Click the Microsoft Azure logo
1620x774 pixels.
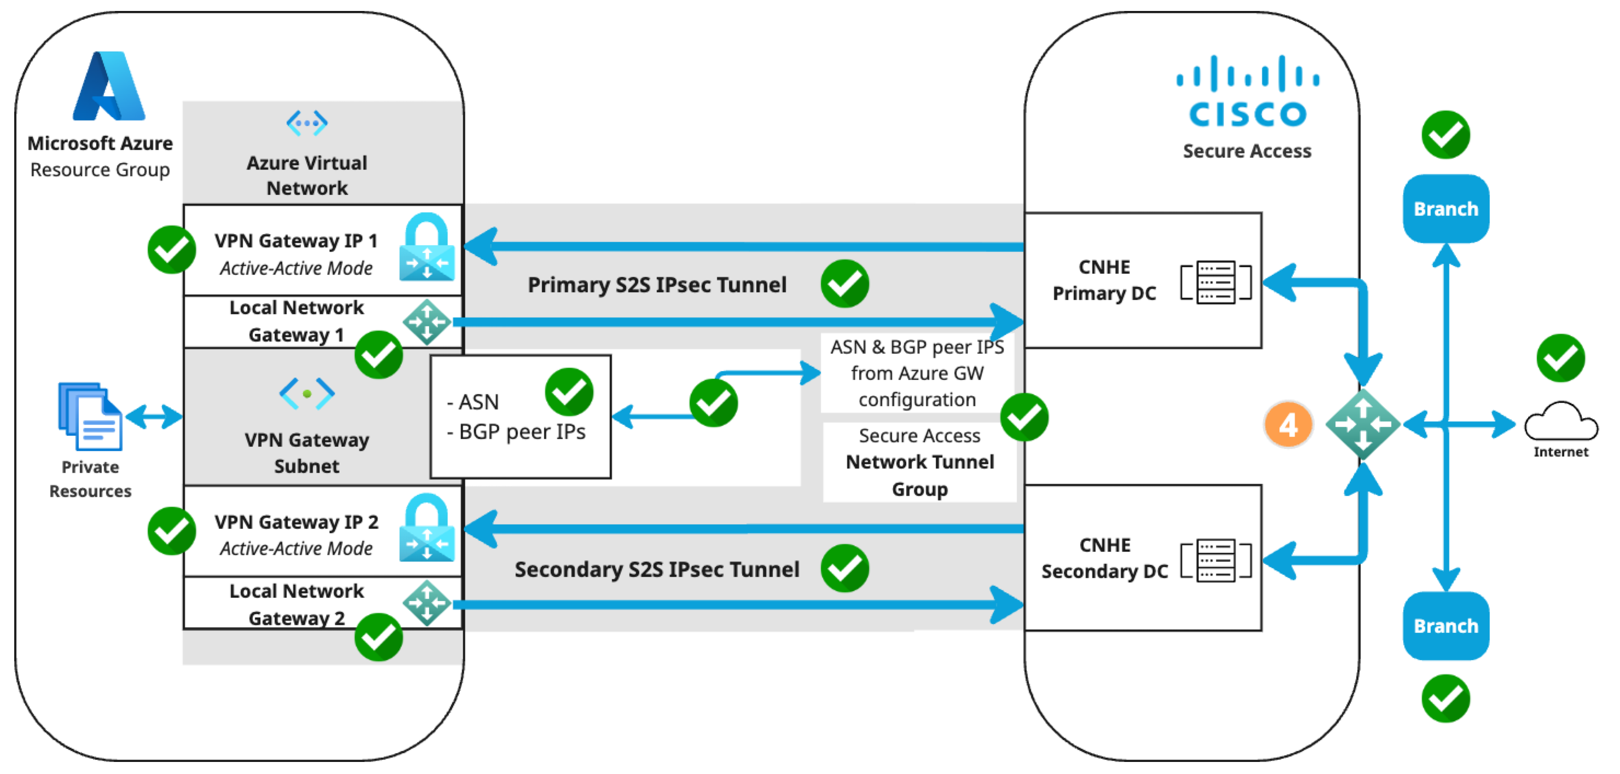coord(109,85)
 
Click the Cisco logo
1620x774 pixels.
coord(1248,91)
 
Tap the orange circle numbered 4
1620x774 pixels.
coord(1288,425)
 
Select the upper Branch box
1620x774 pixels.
coord(1446,209)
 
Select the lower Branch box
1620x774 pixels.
coord(1446,626)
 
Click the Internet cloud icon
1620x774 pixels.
coord(1561,421)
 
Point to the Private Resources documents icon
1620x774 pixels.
coord(90,416)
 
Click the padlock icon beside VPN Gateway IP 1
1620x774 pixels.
coord(427,247)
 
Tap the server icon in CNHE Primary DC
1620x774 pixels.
coord(1216,282)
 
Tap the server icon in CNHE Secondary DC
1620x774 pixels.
coord(1216,560)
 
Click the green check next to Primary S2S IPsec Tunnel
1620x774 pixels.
coord(844,284)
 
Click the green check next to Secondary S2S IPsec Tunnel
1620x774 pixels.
coord(844,568)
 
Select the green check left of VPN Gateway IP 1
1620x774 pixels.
coord(172,250)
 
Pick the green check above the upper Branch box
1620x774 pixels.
coord(1446,135)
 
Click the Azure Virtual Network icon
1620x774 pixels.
coord(307,123)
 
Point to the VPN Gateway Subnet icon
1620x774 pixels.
coord(307,394)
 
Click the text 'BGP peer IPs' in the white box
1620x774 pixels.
coord(522,432)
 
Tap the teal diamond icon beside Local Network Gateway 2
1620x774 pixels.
coord(427,603)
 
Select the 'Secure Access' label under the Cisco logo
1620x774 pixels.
coord(1247,151)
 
